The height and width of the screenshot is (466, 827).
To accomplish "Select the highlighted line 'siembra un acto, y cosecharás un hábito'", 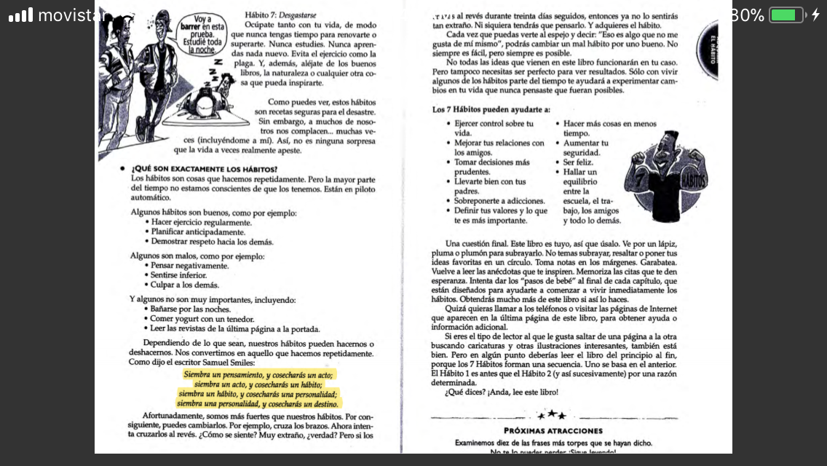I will coord(258,384).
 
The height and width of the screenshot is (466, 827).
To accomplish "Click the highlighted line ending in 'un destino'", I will coord(258,403).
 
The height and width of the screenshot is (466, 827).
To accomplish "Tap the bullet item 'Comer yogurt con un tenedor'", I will coord(202,319).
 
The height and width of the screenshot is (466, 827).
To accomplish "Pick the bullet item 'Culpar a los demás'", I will coord(185,285).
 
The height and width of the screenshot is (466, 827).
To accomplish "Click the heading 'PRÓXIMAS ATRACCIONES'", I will coord(553,430).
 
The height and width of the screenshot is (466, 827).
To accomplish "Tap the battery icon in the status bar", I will coord(786,15).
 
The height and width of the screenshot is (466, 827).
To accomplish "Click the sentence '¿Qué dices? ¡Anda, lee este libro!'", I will coord(501,392).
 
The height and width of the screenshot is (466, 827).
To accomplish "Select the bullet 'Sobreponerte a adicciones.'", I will coord(499,200).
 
